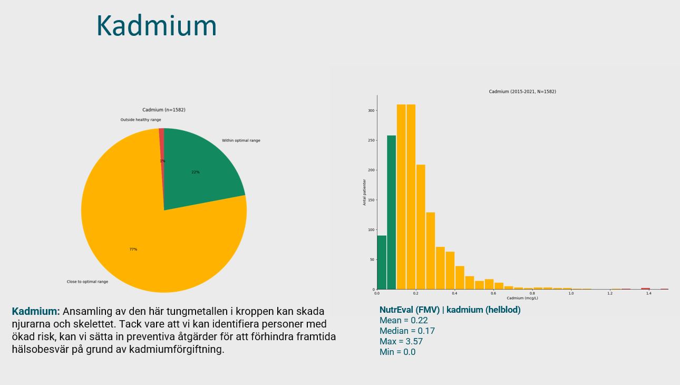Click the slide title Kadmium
coord(157,25)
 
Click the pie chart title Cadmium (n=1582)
coord(163,110)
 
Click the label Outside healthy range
coord(141,120)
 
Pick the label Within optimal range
coord(241,140)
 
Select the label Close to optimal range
coord(88,282)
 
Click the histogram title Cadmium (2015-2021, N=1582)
coord(522,92)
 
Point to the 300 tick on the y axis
coord(371,111)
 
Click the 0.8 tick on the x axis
coord(532,293)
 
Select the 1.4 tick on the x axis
coord(648,293)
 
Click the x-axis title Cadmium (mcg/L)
coord(522,298)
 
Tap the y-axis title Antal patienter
coord(364,192)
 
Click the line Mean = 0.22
coord(403,320)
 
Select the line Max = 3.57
coord(401,341)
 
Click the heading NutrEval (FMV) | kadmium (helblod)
coord(450,310)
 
